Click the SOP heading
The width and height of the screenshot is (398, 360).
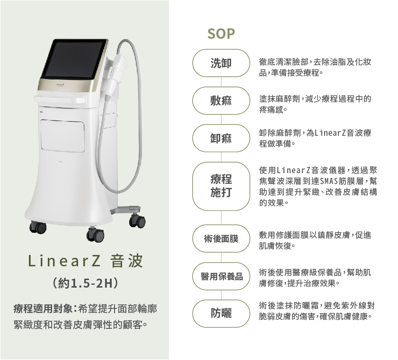(221, 35)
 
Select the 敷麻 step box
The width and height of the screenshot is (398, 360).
(221, 101)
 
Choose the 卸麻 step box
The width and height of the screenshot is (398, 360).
(221, 138)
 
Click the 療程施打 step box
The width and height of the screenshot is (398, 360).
(221, 186)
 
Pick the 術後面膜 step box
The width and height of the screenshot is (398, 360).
(221, 239)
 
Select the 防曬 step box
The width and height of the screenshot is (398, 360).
(221, 314)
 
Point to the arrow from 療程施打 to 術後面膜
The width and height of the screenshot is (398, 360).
(221, 218)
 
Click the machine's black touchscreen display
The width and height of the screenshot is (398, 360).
(74, 60)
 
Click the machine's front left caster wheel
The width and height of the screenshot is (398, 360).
(37, 227)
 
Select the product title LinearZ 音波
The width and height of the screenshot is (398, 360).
(85, 262)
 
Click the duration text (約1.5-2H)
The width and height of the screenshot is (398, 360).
(86, 284)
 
